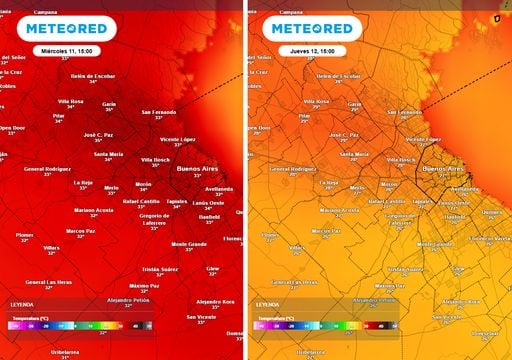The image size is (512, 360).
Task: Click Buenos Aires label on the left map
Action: [x=203, y=170]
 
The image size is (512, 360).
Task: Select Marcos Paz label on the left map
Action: [x=80, y=230]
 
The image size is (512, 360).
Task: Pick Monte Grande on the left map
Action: [x=190, y=244]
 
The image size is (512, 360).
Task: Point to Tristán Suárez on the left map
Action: [x=160, y=268]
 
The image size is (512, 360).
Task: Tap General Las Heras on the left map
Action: [x=48, y=281]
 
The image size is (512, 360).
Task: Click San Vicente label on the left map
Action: [x=206, y=316]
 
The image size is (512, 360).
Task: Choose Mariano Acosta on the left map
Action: [x=94, y=210]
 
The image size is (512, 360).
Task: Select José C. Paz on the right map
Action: [x=343, y=134]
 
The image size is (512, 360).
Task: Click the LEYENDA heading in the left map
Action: [x=21, y=304]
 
